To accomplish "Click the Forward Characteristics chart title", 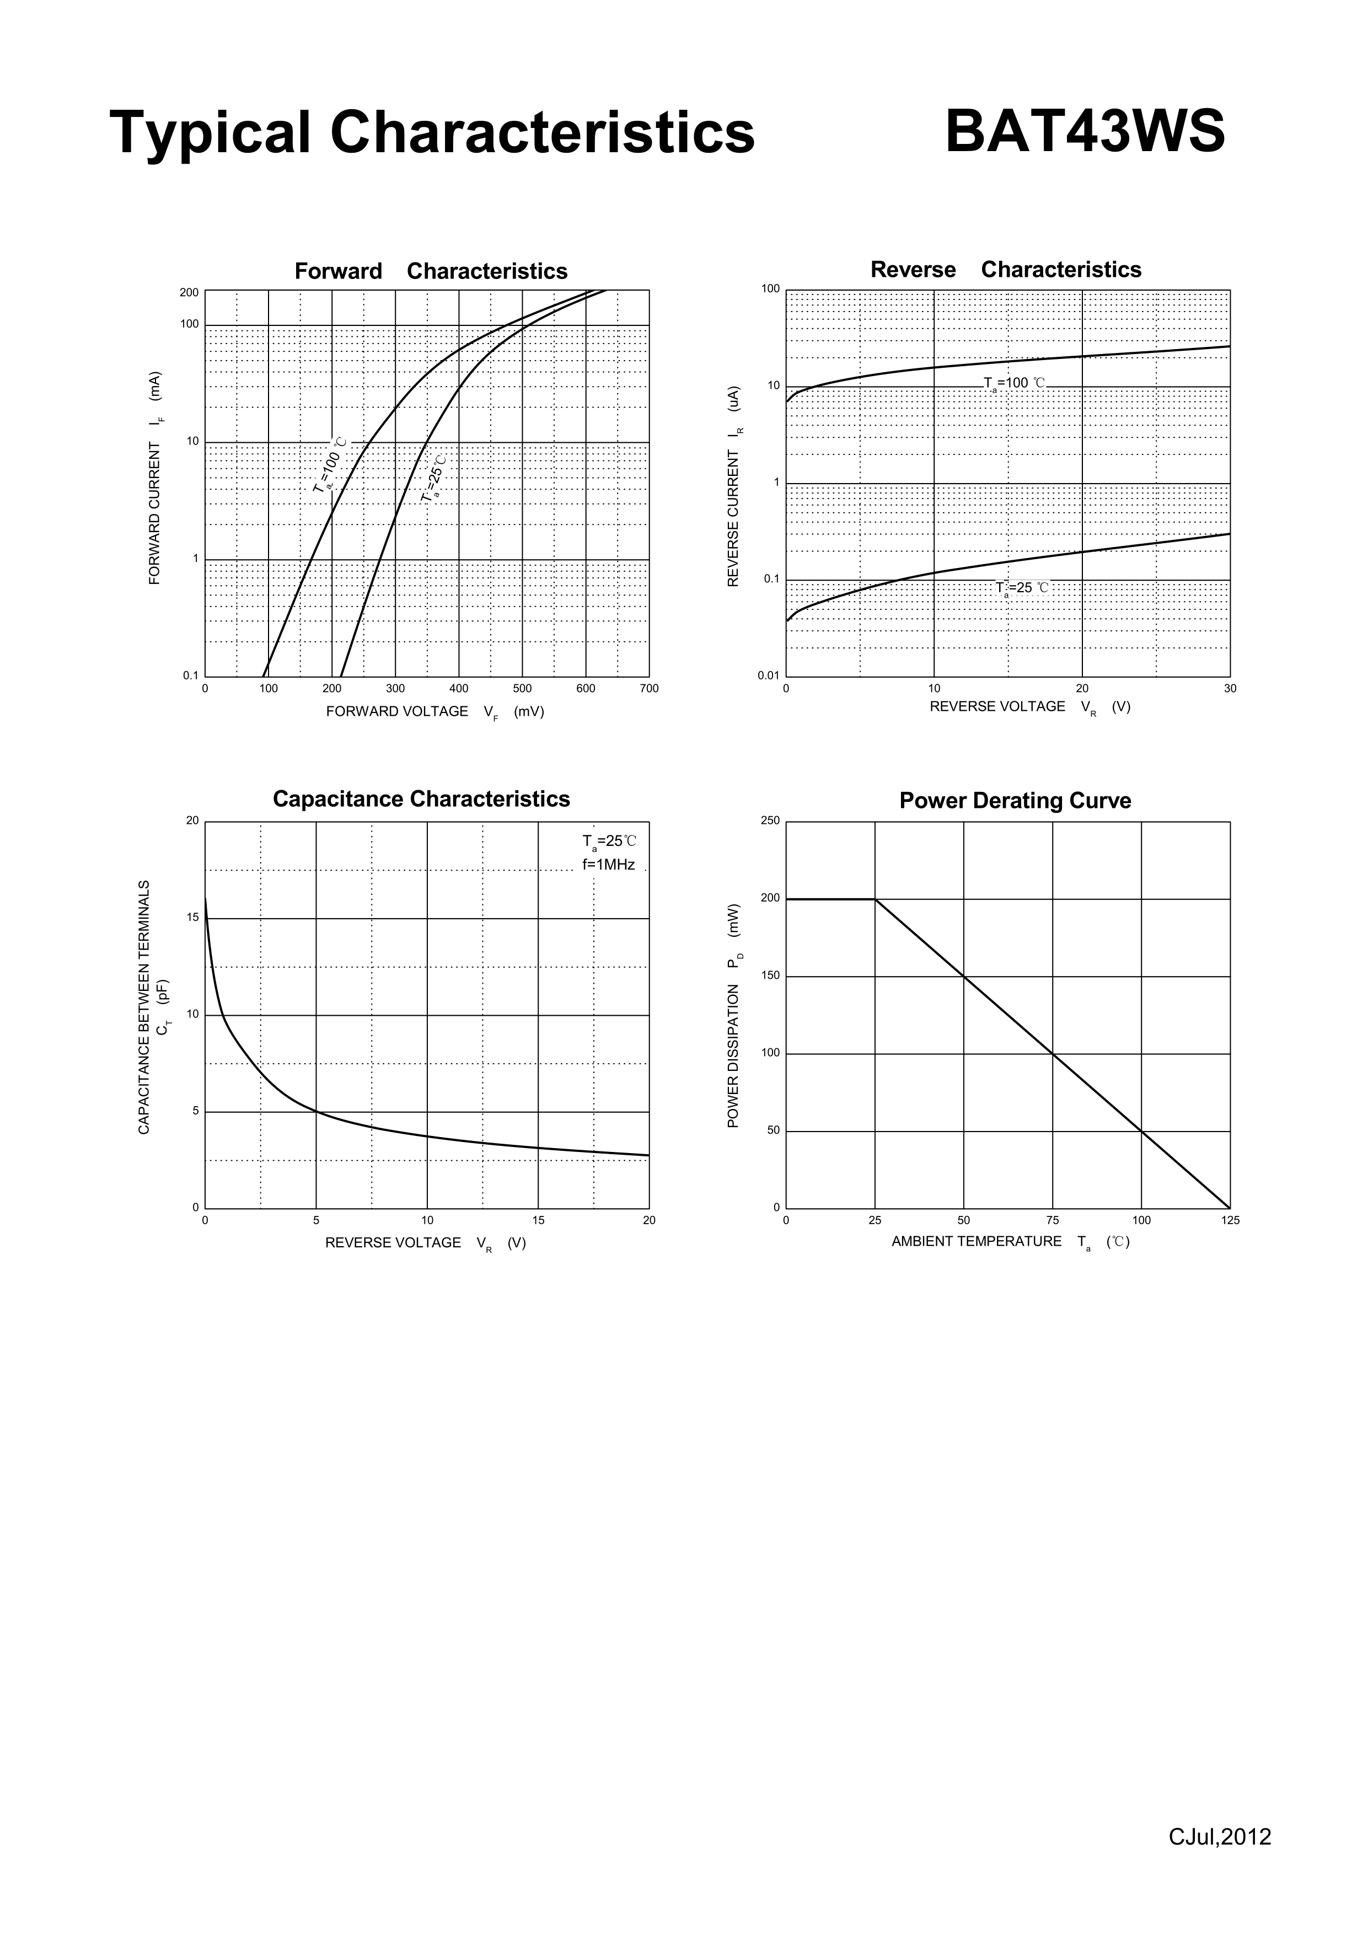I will (x=431, y=271).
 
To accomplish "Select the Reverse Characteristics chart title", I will (x=1006, y=270).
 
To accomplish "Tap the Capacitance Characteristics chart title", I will (x=421, y=799).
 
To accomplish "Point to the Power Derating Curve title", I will (x=1015, y=801).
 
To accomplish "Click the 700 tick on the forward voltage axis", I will (x=649, y=689).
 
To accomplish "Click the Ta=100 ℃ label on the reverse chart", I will (x=1014, y=383).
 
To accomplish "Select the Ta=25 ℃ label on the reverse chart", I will (x=1022, y=588).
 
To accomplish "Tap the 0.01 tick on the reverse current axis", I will (x=768, y=676).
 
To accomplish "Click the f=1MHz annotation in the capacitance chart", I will (x=609, y=865).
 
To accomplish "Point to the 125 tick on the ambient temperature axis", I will (x=1230, y=1220).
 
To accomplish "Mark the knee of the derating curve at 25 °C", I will (x=875, y=899).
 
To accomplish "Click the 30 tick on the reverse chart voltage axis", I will (x=1230, y=689).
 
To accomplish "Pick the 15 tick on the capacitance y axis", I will (x=192, y=918).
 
